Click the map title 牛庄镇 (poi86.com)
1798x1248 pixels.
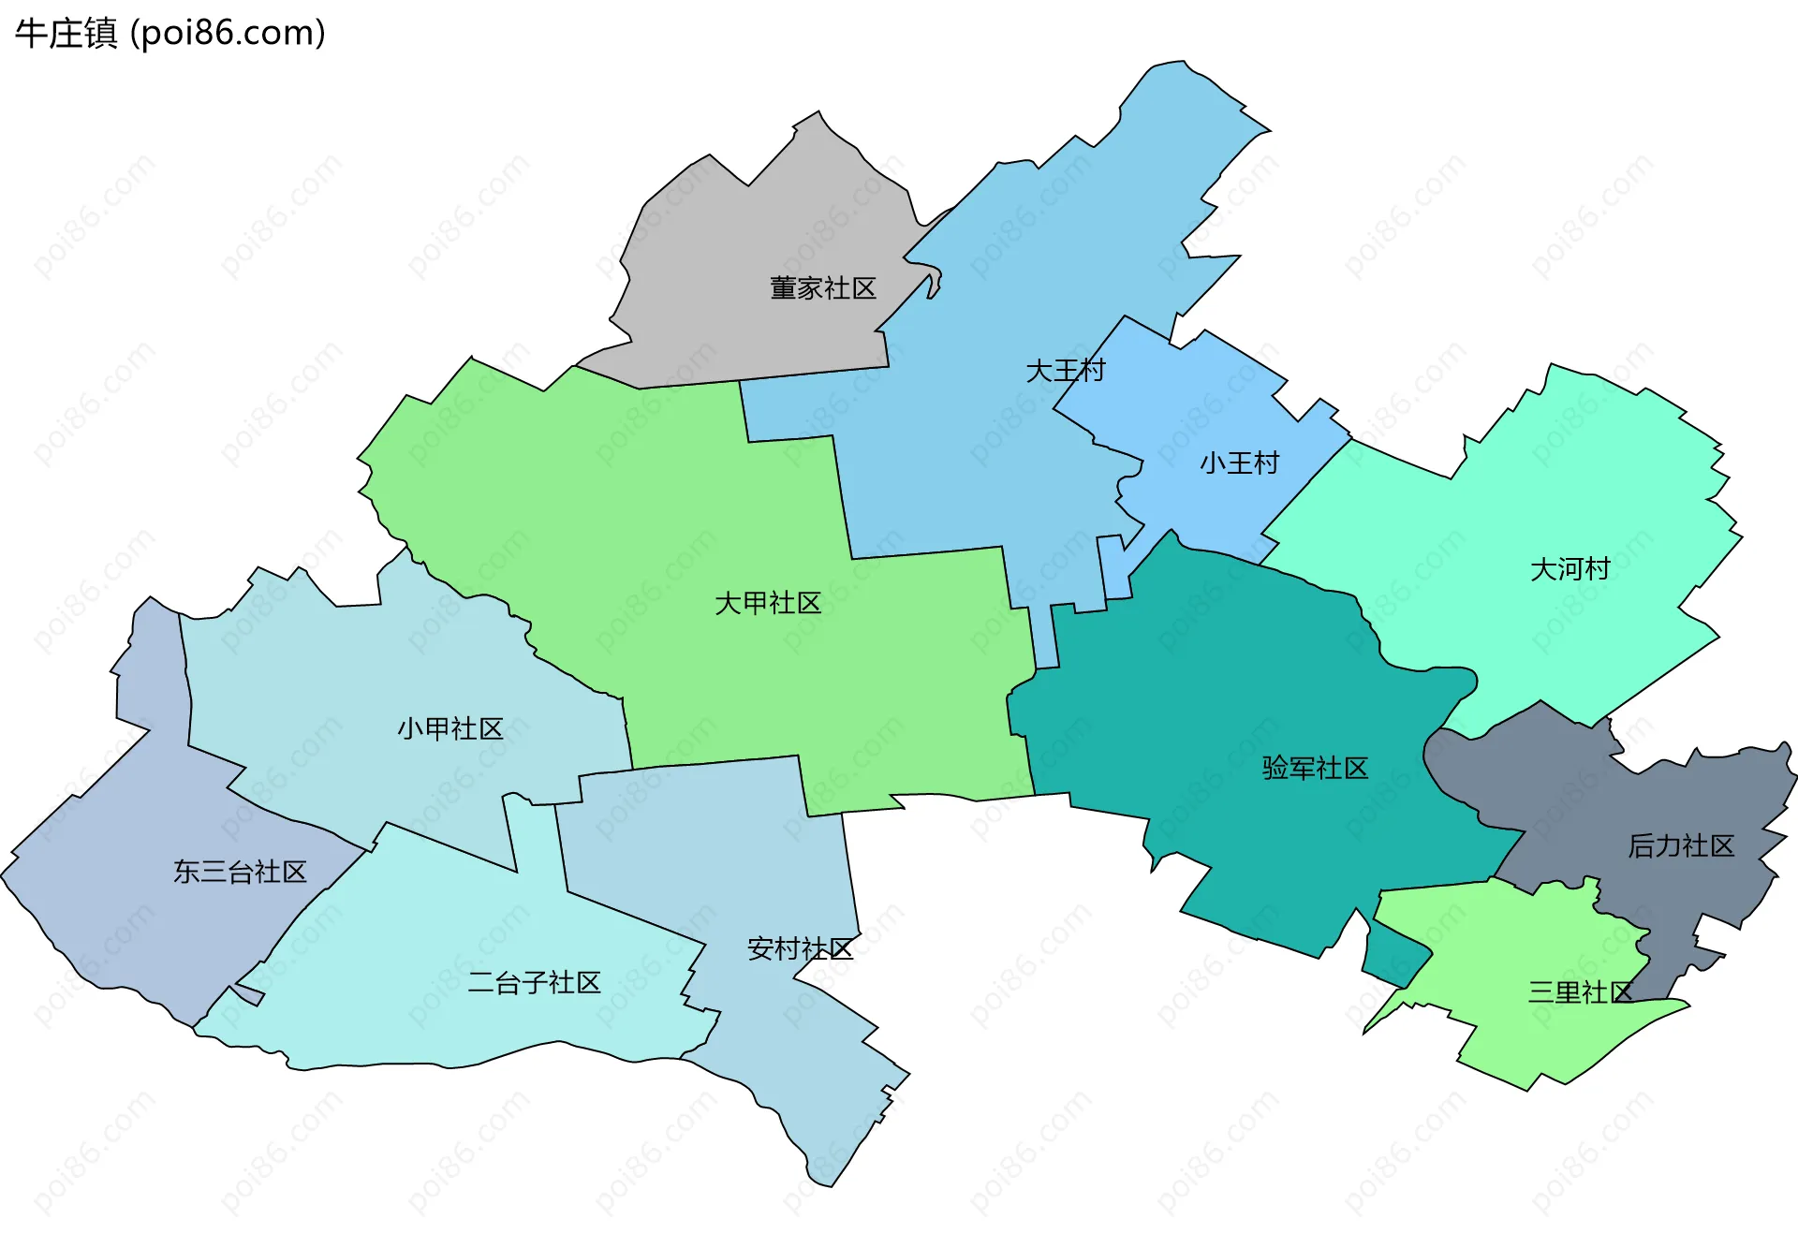[x=170, y=34]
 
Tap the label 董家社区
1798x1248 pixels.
[x=822, y=288]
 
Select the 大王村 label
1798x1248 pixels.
[x=1065, y=371]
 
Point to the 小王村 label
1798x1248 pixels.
[x=1239, y=463]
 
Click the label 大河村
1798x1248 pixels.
[x=1570, y=569]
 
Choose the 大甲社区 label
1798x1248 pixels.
[x=767, y=603]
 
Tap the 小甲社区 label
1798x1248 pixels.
[x=450, y=728]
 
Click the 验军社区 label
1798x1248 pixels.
[x=1315, y=769]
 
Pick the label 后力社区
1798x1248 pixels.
[x=1681, y=846]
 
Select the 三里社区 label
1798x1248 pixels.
[x=1580, y=992]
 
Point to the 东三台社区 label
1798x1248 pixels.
[x=240, y=873]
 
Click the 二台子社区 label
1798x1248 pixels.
[x=534, y=983]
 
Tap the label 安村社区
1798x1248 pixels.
[x=800, y=949]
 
